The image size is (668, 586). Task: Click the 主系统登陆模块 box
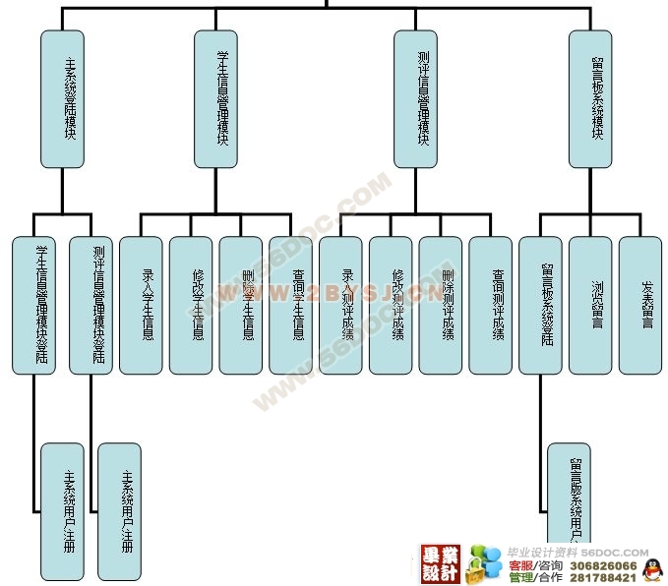62,98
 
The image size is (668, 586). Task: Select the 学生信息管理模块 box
215,98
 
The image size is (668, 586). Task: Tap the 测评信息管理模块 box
415,98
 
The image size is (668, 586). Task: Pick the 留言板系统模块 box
590,98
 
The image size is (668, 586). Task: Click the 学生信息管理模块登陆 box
35,305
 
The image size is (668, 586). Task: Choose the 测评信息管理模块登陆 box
92,305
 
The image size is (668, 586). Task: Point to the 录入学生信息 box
142,305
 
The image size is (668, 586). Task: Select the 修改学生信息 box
192,305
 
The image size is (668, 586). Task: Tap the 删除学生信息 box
242,305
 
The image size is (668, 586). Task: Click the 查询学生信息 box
292,305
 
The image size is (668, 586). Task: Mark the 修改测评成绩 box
393,305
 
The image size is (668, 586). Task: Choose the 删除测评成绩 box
442,305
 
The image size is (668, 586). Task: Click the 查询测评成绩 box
492,305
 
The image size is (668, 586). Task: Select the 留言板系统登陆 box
541,305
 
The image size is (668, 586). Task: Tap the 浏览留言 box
591,305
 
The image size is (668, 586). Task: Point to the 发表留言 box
641,305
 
